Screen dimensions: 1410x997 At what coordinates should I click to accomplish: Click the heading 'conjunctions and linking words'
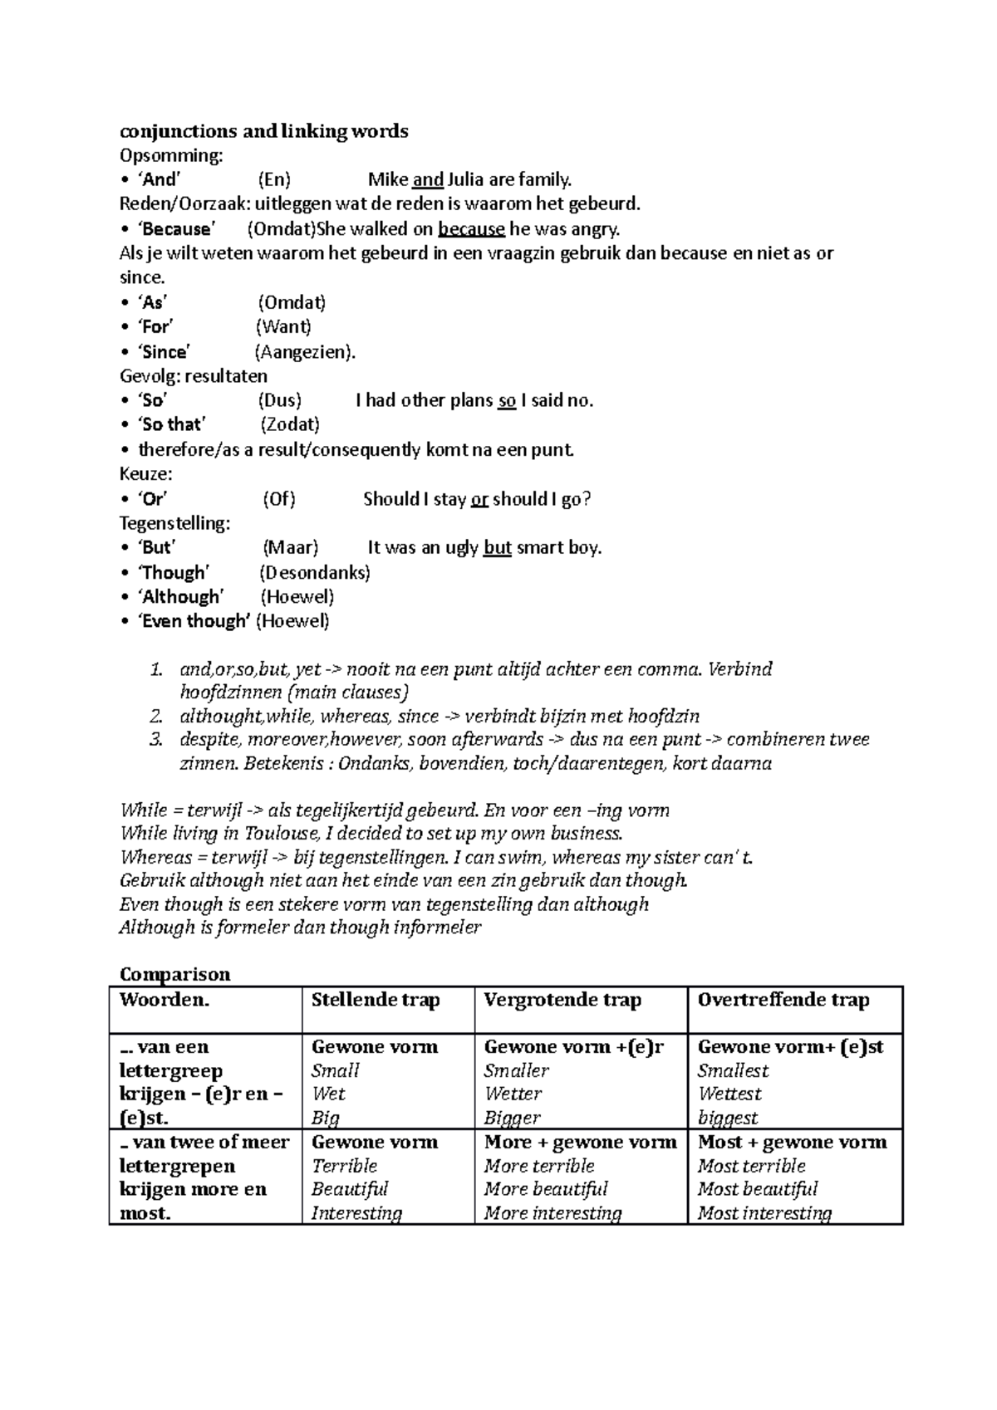pos(263,131)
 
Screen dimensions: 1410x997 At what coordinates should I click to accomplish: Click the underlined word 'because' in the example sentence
pos(471,229)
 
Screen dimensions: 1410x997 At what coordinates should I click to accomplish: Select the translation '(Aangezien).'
pos(305,352)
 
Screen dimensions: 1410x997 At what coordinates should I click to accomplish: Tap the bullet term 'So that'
pos(172,425)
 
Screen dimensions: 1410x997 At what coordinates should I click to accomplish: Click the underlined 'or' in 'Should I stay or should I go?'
pos(479,500)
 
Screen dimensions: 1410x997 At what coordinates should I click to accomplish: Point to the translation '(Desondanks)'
pos(314,573)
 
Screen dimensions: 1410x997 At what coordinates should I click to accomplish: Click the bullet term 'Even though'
pos(194,621)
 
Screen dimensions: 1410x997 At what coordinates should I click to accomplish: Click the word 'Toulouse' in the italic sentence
pos(277,834)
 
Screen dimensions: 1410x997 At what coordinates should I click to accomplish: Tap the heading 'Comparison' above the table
pos(174,974)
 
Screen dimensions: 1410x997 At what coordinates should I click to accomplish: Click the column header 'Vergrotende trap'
pos(562,1001)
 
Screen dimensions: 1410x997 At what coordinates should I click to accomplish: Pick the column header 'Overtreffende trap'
pos(783,1001)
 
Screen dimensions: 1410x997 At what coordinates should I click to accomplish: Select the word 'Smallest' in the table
pos(733,1071)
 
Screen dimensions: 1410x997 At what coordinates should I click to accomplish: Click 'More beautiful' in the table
pos(546,1190)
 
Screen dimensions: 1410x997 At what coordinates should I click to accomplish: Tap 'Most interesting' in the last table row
pos(764,1214)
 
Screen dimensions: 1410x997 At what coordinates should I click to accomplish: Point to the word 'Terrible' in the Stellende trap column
pos(344,1166)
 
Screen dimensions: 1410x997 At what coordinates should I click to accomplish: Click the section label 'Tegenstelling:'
pos(174,524)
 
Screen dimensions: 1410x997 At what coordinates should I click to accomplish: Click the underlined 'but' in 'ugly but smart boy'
pos(497,548)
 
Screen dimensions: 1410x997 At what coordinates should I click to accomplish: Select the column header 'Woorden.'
pos(165,1001)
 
